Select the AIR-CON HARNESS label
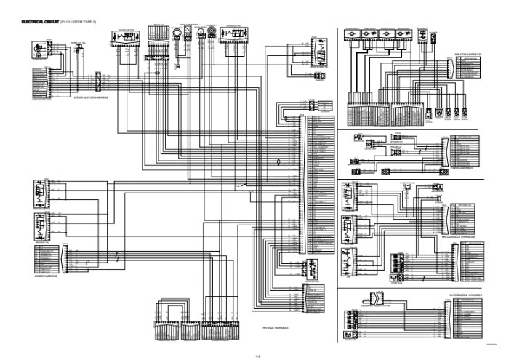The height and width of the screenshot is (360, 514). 467,54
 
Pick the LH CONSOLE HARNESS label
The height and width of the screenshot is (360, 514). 465,294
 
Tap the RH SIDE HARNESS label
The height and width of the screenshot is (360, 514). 276,327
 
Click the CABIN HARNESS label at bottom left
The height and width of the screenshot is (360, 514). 45,276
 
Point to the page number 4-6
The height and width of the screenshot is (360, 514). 257,354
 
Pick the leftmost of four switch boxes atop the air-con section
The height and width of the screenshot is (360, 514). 355,33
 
